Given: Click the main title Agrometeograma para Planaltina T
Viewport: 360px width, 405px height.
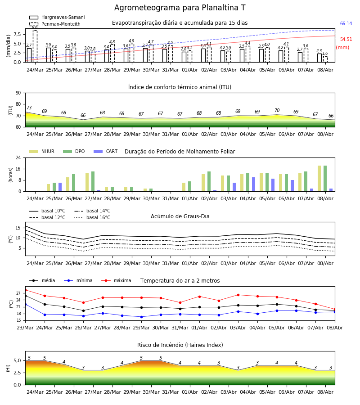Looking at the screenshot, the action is pyautogui.click(x=180, y=8).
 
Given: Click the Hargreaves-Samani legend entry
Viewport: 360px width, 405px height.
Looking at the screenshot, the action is pyautogui.click(x=57, y=17).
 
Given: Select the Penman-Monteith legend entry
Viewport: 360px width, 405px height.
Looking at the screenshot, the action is pyautogui.click(x=55, y=24).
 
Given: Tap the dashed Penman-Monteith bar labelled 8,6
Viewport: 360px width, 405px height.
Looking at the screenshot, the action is pyautogui.click(x=35, y=46).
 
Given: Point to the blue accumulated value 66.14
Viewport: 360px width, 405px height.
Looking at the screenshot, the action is pyautogui.click(x=346, y=23).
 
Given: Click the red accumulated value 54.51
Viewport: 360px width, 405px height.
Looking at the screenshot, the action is pyautogui.click(x=346, y=39).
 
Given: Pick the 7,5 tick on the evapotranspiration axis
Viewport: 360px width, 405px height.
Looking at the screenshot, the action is pyautogui.click(x=18, y=34).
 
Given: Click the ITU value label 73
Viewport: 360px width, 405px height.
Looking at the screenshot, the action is pyautogui.click(x=29, y=108).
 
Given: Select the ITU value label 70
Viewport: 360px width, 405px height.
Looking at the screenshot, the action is pyautogui.click(x=277, y=110).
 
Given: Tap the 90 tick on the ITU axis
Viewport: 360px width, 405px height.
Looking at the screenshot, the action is pyautogui.click(x=18, y=93).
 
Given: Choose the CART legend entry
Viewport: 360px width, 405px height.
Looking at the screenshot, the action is pyautogui.click(x=106, y=151).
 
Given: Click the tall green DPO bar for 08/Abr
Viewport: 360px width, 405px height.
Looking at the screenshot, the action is pyautogui.click(x=325, y=179).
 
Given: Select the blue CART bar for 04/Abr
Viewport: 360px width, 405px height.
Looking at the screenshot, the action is pyautogui.click(x=254, y=184).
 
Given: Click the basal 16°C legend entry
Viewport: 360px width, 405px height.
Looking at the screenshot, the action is pyautogui.click(x=92, y=217).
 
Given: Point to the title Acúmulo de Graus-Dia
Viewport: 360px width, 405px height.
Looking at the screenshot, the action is pyautogui.click(x=180, y=216).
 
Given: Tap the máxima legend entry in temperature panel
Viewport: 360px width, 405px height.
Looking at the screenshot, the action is pyautogui.click(x=116, y=280).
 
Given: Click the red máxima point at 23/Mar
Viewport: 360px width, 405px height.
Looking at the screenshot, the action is pyautogui.click(x=26, y=290).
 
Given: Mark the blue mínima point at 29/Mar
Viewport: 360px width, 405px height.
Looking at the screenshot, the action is pyautogui.click(x=141, y=317).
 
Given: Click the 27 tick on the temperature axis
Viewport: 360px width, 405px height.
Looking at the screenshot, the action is pyautogui.click(x=18, y=293).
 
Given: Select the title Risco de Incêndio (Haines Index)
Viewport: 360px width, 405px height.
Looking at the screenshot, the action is pyautogui.click(x=180, y=345).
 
